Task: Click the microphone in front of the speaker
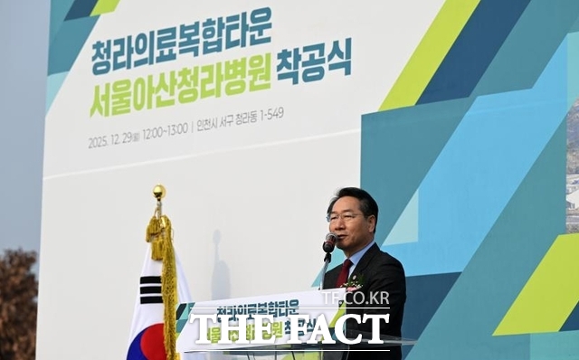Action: pos(329,242)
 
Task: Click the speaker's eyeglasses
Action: pos(343,217)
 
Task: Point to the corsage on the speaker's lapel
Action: pos(352,283)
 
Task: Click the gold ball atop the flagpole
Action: pos(159,191)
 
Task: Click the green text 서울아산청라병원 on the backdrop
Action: pos(180,95)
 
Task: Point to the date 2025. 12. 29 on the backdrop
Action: pos(112,141)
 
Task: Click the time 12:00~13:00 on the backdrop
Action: pos(166,132)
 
